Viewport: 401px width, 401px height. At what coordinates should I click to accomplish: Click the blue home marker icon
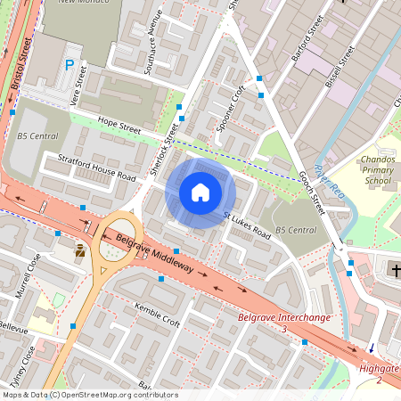pyautogui.click(x=200, y=192)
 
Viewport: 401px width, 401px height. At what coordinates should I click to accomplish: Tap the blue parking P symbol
pyautogui.click(x=70, y=64)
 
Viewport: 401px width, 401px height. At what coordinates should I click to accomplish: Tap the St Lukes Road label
pyautogui.click(x=247, y=224)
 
